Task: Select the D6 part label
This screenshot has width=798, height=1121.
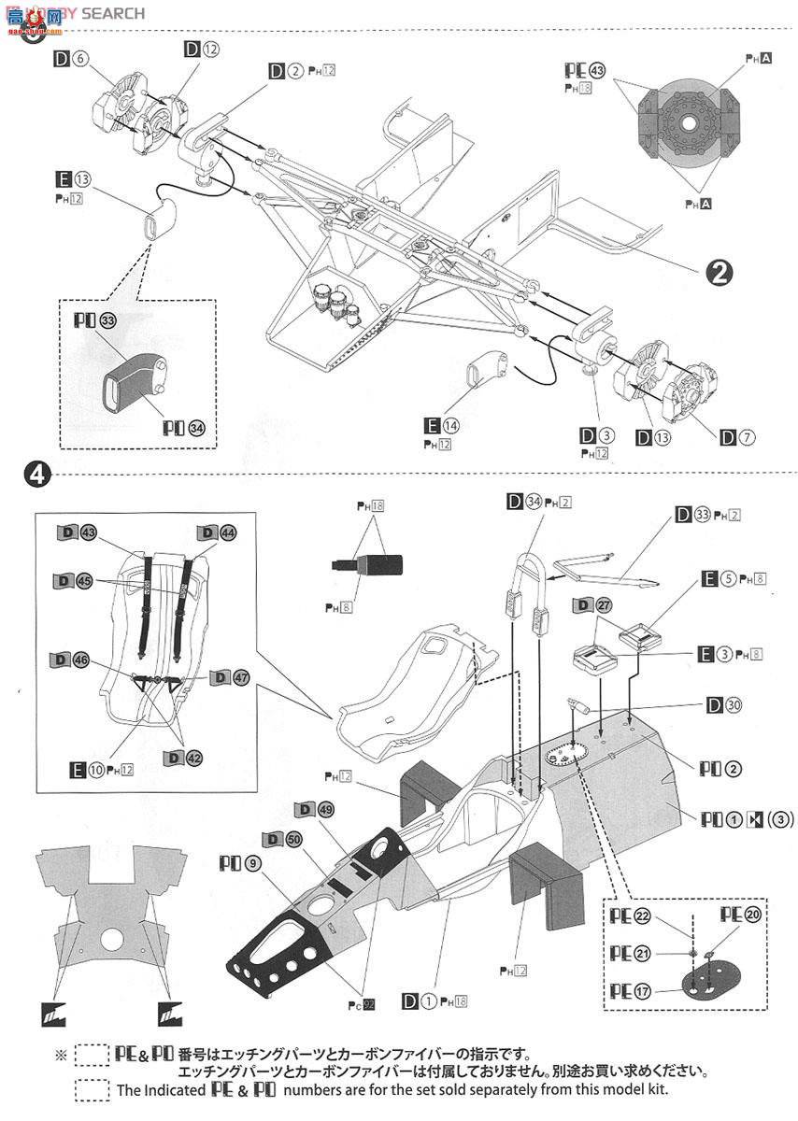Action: (x=71, y=58)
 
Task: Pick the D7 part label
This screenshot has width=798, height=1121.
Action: (x=736, y=436)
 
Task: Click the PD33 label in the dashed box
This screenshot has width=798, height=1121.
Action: (x=94, y=321)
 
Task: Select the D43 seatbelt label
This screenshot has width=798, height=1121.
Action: (x=78, y=532)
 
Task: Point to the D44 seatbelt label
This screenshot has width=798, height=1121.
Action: (x=216, y=532)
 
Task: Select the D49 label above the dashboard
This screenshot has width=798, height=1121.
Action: (x=312, y=809)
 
